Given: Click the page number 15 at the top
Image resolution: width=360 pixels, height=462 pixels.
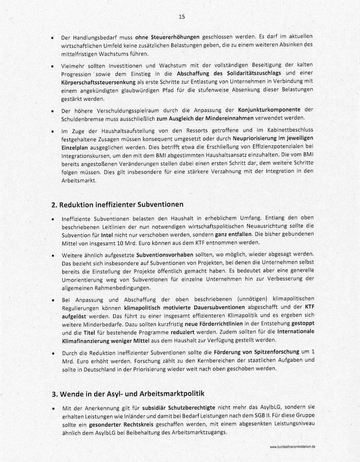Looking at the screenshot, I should [x=182, y=16].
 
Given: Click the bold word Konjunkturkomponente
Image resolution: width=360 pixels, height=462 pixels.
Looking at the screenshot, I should [x=269, y=110].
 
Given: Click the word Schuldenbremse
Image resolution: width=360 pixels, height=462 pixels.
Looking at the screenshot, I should [x=80, y=118].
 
